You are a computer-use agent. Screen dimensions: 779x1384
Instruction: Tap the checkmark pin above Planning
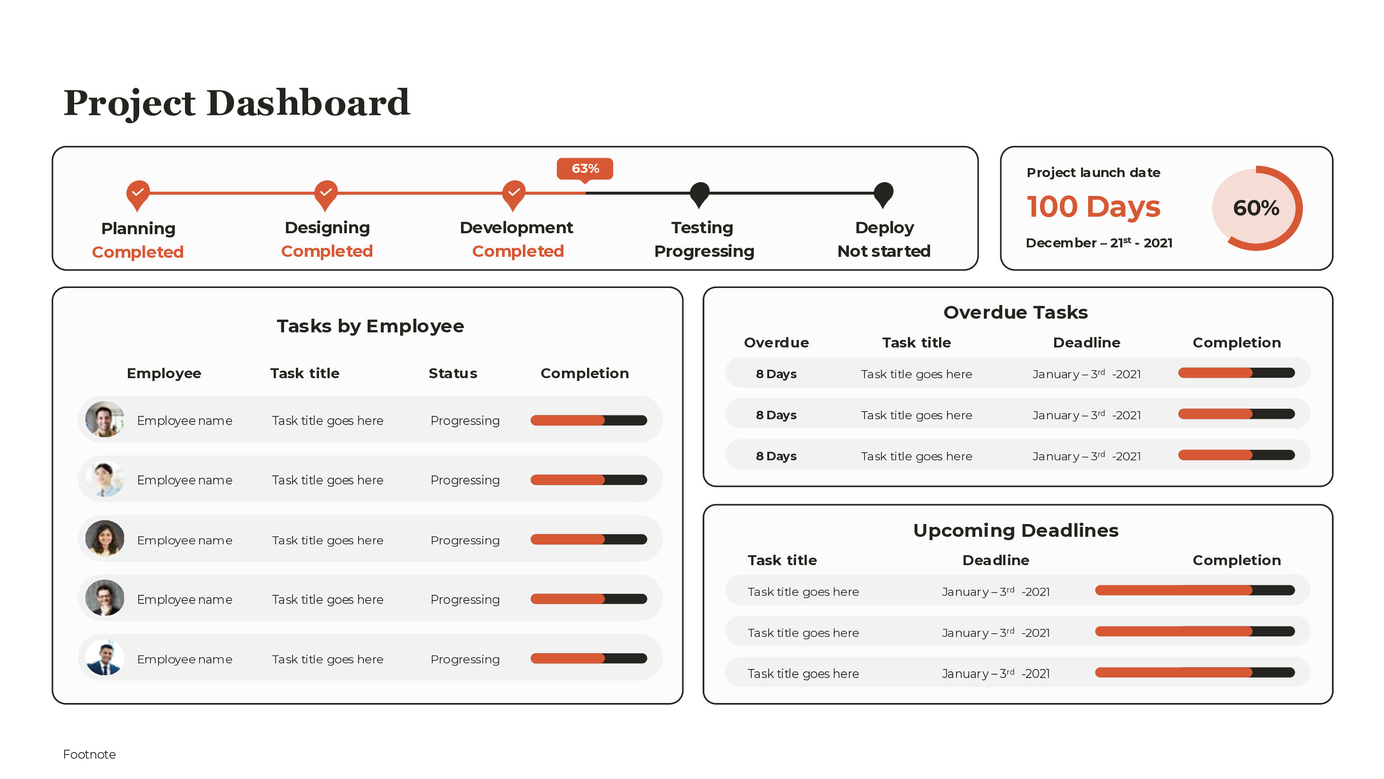(x=138, y=194)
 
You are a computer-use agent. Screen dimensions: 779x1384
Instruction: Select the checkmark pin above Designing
(x=326, y=194)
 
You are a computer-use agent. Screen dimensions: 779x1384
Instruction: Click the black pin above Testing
(x=699, y=194)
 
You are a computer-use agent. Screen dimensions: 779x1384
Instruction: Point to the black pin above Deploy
(x=883, y=194)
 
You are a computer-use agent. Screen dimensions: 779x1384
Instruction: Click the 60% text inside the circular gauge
(x=1256, y=208)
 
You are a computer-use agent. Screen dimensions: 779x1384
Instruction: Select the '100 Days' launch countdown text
(x=1093, y=207)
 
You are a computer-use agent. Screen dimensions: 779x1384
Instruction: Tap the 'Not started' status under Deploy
(x=884, y=251)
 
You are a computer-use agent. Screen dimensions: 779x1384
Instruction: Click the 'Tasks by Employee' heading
(x=370, y=326)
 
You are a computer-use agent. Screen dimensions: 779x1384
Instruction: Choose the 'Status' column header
(x=453, y=373)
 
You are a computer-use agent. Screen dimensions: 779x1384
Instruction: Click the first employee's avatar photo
(x=105, y=419)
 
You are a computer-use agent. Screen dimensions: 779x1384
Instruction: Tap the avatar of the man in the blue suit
(x=105, y=658)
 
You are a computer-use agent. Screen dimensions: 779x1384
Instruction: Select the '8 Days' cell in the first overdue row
(x=776, y=374)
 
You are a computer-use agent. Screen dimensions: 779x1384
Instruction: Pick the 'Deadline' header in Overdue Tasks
(x=1086, y=342)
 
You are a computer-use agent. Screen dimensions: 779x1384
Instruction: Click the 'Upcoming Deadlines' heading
(x=1015, y=531)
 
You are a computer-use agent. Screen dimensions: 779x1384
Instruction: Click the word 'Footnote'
(x=89, y=754)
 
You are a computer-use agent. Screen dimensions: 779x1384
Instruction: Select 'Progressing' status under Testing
(x=704, y=251)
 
